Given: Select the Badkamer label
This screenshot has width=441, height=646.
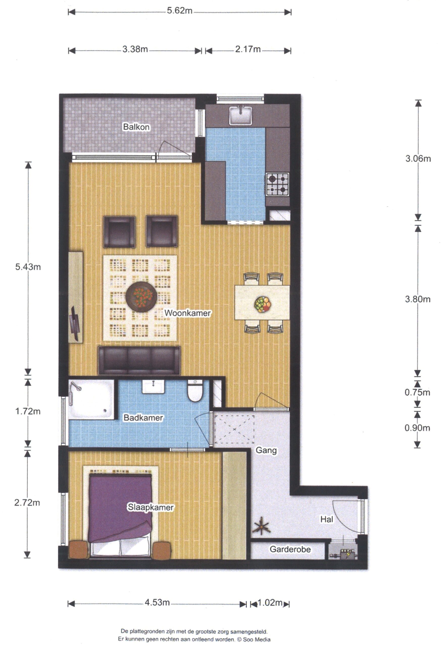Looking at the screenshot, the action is point(143,418).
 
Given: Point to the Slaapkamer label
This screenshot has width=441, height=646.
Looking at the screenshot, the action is point(150,507).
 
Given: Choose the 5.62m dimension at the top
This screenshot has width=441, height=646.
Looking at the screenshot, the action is point(180,11).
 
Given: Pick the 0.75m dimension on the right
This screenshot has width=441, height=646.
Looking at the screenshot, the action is point(417,392).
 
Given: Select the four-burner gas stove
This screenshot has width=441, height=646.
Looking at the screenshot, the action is point(277,184).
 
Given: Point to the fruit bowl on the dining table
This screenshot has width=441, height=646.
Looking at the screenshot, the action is point(262,304).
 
